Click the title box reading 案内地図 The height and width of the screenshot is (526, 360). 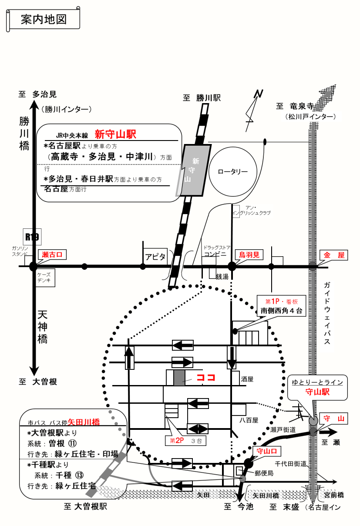coord(43,20)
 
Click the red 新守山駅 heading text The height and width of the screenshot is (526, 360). coord(116,134)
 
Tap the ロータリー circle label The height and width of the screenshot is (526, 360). coord(233,171)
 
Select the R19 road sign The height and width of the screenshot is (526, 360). coord(32,237)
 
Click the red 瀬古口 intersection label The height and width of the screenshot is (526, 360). coord(53,255)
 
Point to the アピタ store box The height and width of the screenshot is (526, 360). coord(155,257)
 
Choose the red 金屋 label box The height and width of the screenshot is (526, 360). coord(334,255)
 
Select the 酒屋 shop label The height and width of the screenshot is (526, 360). coord(247,379)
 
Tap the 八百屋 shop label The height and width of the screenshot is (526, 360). coord(249,420)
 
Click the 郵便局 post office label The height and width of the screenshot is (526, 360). coord(264,473)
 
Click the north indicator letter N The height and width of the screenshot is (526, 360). coord(259,94)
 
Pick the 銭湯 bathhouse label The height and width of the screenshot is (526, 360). coord(222,276)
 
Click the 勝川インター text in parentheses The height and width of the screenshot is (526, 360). coord(67,109)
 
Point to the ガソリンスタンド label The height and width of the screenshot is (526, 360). coord(20,251)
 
